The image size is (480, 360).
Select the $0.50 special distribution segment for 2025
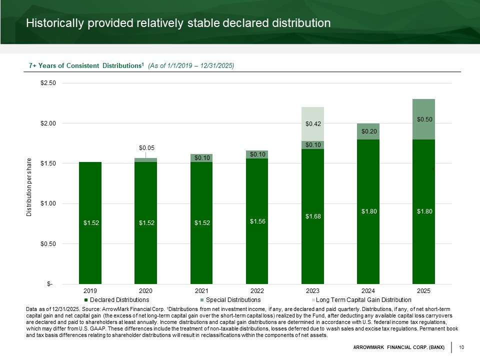[423, 119]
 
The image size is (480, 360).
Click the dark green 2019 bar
[90, 222]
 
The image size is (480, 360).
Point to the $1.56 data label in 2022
[257, 221]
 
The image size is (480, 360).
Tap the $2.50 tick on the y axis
[48, 83]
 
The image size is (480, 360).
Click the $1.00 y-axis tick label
[48, 203]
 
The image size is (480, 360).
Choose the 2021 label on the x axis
[201, 291]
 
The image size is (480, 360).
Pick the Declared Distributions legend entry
[119, 300]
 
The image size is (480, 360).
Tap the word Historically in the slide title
[55, 23]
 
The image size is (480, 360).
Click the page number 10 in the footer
[461, 347]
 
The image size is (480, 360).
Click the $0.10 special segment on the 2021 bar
[201, 158]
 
